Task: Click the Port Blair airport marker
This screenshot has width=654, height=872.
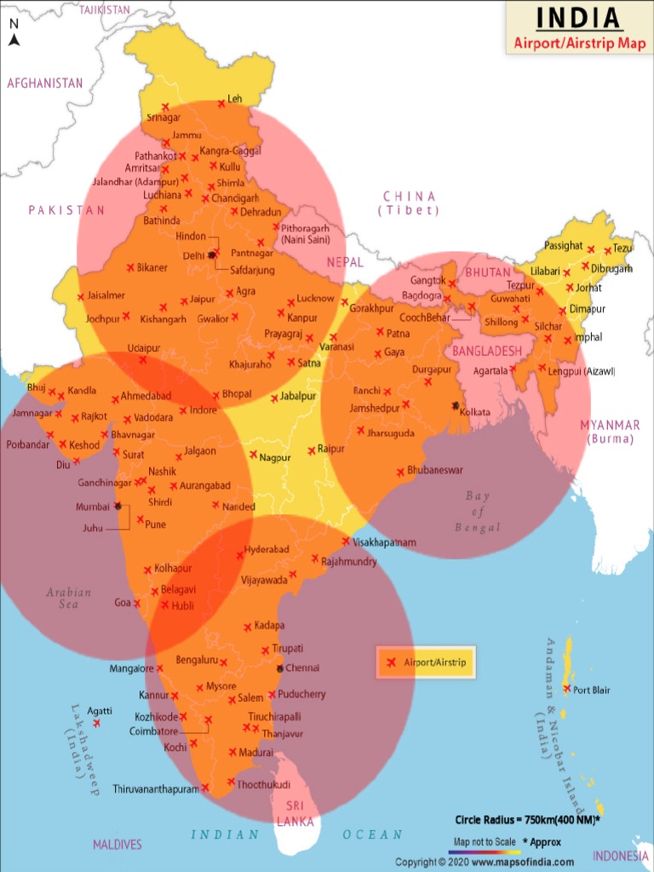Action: click(567, 689)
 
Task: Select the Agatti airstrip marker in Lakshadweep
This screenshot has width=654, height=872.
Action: click(97, 723)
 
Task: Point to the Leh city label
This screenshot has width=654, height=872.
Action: click(235, 100)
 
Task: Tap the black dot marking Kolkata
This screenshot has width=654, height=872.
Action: click(456, 405)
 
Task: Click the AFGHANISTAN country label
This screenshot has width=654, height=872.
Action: click(45, 83)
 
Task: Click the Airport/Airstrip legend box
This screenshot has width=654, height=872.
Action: click(426, 662)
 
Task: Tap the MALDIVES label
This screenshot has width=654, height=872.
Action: click(118, 845)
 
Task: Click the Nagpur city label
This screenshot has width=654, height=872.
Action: click(275, 458)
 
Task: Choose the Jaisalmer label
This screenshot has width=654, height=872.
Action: click(106, 295)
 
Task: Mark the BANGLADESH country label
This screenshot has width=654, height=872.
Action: click(486, 351)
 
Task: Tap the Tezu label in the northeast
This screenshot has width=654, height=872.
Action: click(623, 249)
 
